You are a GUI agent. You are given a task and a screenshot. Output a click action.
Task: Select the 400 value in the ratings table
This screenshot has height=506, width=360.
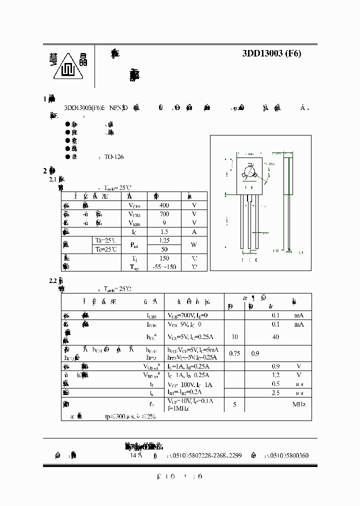pos(163,205)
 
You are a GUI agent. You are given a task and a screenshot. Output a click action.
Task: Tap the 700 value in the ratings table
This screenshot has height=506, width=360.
pos(163,214)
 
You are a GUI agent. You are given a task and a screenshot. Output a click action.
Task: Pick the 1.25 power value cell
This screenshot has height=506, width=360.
pos(163,240)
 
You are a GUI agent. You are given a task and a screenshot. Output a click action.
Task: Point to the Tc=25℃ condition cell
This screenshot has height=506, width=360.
pos(107,249)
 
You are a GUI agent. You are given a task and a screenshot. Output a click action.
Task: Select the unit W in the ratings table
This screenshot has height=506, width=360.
pos(194,245)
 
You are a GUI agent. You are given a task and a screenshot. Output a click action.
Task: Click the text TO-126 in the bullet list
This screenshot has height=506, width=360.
pos(113,156)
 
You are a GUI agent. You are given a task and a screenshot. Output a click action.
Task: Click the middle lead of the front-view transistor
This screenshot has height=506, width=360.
pos(248,220)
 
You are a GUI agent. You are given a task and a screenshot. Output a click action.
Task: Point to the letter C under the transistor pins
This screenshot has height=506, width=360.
pos(249,260)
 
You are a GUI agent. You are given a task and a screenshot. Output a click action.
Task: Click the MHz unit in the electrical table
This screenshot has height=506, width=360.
pos(299,404)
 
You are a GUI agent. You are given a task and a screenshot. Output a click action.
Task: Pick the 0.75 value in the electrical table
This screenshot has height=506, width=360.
pos(234,353)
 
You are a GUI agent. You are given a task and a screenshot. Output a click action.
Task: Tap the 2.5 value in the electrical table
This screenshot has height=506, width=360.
pos(275,393)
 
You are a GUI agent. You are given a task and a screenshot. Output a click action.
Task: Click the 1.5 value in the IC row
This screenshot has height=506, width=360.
pos(163,231)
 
